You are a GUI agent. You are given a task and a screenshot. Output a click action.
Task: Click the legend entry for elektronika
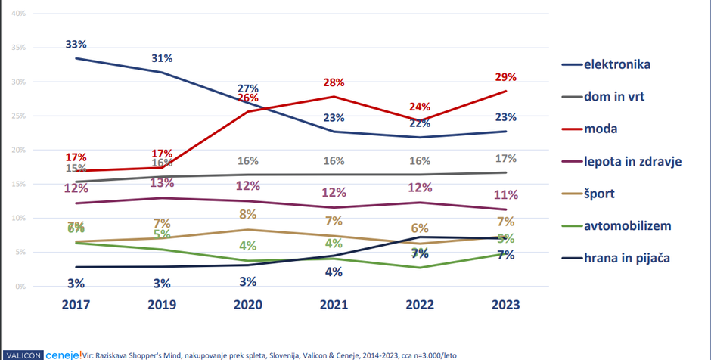[617, 64]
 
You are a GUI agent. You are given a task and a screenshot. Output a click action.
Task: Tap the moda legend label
[601, 129]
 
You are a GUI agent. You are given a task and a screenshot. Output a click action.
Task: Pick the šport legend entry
[599, 194]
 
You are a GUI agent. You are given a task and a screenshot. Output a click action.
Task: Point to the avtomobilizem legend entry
[627, 225]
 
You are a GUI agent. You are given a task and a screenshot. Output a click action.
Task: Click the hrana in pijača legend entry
[627, 258]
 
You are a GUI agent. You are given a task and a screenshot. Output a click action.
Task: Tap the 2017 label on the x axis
[76, 306]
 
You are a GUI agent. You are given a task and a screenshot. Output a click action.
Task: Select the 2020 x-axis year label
[248, 306]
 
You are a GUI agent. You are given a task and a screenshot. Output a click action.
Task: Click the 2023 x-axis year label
[506, 306]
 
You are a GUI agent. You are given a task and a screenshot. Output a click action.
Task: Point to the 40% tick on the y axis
[20, 14]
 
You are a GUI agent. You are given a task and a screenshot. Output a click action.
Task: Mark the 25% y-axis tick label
[20, 116]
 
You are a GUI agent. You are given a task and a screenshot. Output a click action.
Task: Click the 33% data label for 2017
[76, 45]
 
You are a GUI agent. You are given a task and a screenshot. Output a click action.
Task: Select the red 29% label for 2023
[506, 77]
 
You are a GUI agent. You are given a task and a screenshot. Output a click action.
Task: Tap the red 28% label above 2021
[334, 82]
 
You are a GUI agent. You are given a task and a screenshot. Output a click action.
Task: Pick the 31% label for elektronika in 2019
[162, 58]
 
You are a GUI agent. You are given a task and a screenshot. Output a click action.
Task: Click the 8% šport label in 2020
[248, 214]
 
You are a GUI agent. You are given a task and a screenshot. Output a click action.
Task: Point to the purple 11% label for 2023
[506, 194]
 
